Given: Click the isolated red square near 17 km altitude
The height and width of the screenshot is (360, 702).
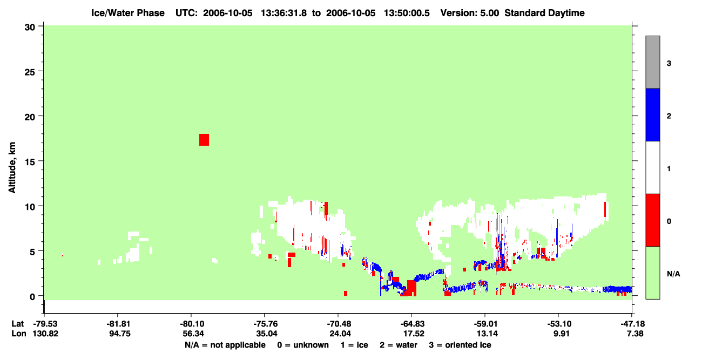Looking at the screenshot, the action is click(x=204, y=140).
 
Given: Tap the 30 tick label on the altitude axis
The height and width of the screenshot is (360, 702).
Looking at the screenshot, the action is click(x=30, y=28).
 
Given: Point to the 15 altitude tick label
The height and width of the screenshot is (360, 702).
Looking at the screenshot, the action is click(x=30, y=162).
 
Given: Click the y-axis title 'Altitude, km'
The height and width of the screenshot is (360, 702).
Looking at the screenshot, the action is click(x=12, y=168).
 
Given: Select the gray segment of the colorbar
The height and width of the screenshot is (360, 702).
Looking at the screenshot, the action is click(x=653, y=62).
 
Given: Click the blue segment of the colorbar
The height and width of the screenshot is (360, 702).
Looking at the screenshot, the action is click(x=653, y=114).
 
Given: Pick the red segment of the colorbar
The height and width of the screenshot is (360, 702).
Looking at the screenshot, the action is click(x=653, y=220).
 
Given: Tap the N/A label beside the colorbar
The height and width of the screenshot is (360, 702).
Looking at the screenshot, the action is click(x=673, y=274).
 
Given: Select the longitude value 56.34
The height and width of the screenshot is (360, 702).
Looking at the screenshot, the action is click(x=193, y=334).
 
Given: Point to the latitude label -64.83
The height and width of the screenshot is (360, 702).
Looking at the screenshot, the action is click(x=411, y=324).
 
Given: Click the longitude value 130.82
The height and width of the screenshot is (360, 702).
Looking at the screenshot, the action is click(x=45, y=334).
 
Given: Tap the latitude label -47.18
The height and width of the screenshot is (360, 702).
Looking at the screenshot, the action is click(x=632, y=324).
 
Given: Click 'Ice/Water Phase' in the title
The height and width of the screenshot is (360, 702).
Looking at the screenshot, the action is click(x=128, y=13).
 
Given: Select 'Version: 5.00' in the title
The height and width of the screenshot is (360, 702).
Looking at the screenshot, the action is click(x=469, y=13).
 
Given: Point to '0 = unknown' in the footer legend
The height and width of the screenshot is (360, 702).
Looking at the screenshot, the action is click(x=303, y=345).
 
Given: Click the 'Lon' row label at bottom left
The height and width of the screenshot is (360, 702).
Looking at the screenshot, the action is click(x=19, y=334).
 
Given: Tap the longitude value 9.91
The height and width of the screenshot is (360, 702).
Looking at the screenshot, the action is click(x=561, y=334).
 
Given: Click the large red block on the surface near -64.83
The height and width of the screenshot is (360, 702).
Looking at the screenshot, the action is click(x=411, y=288).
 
